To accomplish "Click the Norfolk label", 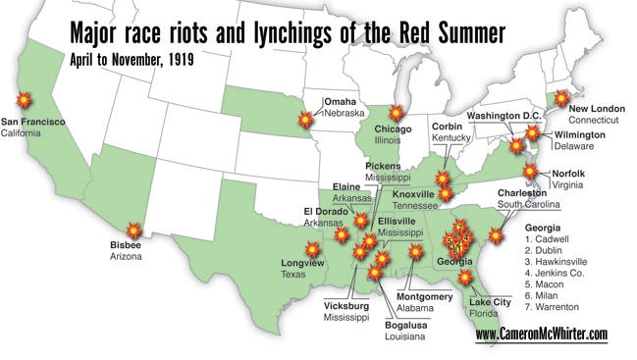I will [x=568, y=173].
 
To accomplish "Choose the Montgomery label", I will [x=425, y=297].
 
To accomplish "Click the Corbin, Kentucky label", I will [x=447, y=129].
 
